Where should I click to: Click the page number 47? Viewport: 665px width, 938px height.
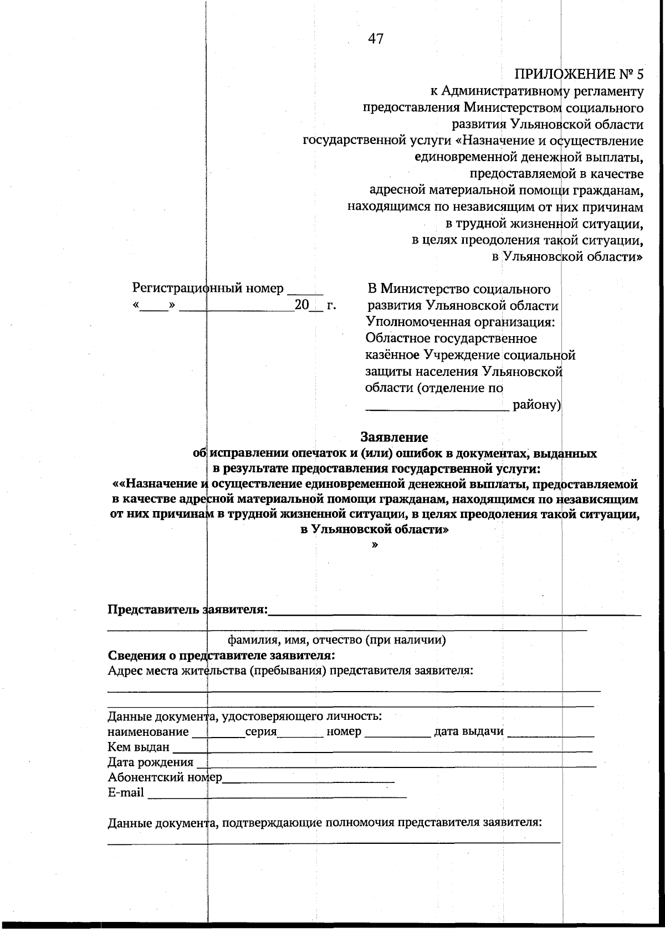[375, 39]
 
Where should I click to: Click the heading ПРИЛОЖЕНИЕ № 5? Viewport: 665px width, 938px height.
[579, 74]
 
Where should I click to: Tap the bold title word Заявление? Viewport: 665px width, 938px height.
[394, 437]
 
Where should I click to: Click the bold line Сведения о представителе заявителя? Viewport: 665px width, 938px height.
[221, 656]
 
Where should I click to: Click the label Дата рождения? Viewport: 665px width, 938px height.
[150, 762]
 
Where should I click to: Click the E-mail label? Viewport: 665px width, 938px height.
[126, 793]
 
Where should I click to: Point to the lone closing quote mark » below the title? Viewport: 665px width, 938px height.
[376, 545]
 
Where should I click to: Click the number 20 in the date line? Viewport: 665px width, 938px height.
[301, 305]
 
